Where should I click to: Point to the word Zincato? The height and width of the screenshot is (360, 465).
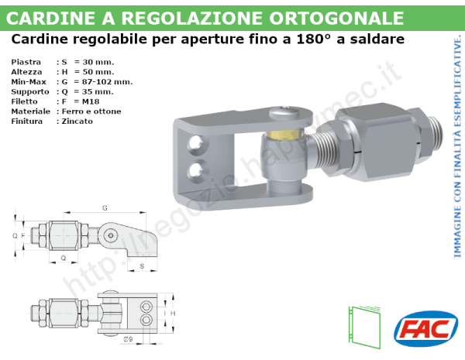[77, 122]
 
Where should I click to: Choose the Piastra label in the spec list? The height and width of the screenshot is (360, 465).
[27, 61]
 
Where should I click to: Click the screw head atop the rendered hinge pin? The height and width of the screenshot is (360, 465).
[283, 113]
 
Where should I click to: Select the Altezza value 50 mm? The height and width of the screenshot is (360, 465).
[94, 71]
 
